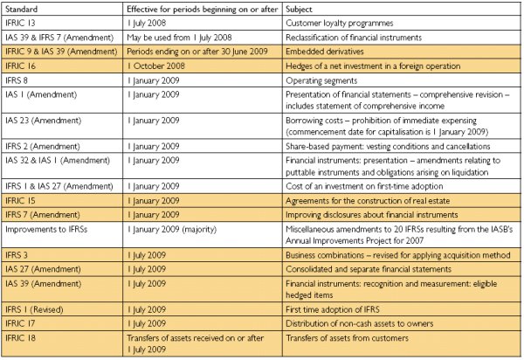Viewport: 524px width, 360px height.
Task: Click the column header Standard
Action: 21,9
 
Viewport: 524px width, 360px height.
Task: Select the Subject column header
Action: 299,9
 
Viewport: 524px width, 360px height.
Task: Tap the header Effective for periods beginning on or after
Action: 203,10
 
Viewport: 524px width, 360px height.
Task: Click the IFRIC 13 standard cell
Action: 20,23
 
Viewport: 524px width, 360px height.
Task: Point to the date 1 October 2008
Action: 156,66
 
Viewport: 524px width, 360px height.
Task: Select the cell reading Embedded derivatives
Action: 325,52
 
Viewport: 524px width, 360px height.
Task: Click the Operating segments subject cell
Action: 321,80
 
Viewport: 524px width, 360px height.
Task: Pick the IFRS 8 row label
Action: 17,80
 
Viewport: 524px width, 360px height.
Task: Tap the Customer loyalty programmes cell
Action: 340,23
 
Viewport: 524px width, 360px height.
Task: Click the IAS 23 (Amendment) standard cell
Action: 43,121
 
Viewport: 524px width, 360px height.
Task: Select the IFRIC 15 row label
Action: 20,201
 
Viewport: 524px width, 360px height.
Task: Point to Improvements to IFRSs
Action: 46,229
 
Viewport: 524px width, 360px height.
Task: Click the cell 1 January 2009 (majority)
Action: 172,230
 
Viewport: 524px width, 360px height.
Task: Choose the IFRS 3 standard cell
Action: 17,255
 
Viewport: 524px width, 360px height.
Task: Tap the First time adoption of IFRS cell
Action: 333,309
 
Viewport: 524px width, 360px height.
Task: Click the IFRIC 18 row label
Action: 20,338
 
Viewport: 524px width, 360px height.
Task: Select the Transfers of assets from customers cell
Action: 347,338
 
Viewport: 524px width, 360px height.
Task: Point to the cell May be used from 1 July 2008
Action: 179,38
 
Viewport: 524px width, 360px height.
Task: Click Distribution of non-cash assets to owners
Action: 359,323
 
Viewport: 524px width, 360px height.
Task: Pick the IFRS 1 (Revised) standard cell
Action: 34,309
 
